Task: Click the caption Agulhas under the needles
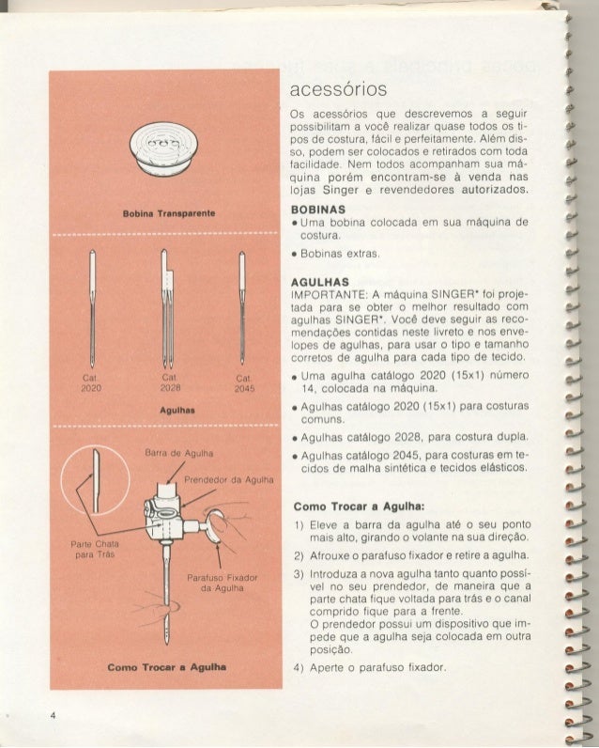(166, 410)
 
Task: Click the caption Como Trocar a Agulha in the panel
(166, 667)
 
